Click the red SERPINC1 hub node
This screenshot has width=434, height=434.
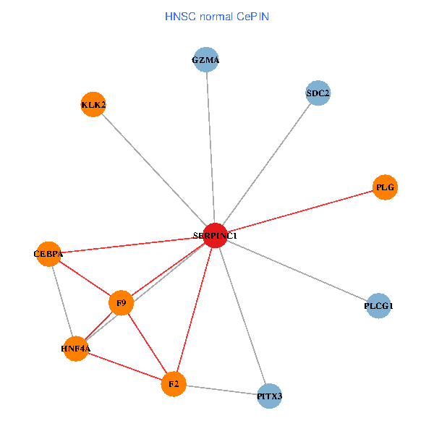[x=215, y=235]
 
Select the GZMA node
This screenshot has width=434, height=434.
[x=206, y=60]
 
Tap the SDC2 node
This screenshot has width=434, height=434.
[x=318, y=93]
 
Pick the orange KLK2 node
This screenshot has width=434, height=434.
[x=93, y=105]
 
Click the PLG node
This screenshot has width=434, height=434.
[x=385, y=187]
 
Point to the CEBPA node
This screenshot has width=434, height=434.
[x=48, y=254]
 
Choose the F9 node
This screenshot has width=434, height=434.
[x=122, y=303]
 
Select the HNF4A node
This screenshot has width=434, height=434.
[x=75, y=349]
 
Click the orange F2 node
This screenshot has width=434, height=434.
[x=174, y=383]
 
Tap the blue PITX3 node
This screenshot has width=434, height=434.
[x=269, y=396]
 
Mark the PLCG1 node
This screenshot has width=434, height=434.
[x=378, y=306]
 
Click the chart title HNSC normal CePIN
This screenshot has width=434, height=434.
[x=217, y=16]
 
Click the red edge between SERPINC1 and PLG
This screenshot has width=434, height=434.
[x=300, y=211]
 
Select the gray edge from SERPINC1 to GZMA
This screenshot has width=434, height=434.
[x=210, y=148]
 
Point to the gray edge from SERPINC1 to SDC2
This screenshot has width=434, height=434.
[x=267, y=164]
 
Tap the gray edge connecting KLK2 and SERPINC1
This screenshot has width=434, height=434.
[x=154, y=170]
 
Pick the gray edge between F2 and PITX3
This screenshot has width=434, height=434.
[x=221, y=390]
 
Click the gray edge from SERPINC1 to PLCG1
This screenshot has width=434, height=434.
[x=297, y=271]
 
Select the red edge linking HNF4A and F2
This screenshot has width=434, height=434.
[x=124, y=366]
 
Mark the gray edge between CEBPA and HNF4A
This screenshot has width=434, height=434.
[x=61, y=302]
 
